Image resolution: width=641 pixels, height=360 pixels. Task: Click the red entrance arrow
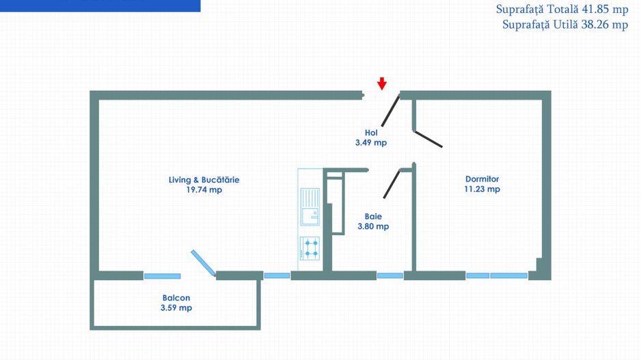[382, 83]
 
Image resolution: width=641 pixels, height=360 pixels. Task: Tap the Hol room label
[371, 133]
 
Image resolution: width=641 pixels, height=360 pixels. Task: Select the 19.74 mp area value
[204, 190]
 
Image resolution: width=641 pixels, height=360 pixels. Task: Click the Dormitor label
[482, 179]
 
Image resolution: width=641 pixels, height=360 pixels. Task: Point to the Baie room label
[373, 217]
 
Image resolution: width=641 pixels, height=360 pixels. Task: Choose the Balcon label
[176, 298]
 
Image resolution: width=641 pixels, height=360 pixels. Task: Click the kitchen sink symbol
[310, 206]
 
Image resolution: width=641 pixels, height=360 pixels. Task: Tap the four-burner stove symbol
[310, 249]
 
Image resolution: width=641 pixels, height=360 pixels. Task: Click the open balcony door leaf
[203, 263]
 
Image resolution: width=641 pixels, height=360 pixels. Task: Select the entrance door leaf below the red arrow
[390, 111]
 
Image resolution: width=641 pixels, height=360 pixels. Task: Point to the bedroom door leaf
[428, 139]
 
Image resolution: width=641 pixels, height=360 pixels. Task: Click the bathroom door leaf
[392, 184]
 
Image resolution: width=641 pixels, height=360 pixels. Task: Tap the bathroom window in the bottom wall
[390, 276]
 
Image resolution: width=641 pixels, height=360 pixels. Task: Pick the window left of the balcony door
[162, 276]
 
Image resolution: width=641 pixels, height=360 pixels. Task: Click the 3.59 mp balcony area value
[176, 307]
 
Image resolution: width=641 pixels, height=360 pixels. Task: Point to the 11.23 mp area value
[482, 189]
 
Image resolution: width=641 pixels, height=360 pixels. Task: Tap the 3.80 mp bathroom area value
[373, 226]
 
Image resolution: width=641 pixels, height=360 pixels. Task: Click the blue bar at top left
[100, 5]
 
